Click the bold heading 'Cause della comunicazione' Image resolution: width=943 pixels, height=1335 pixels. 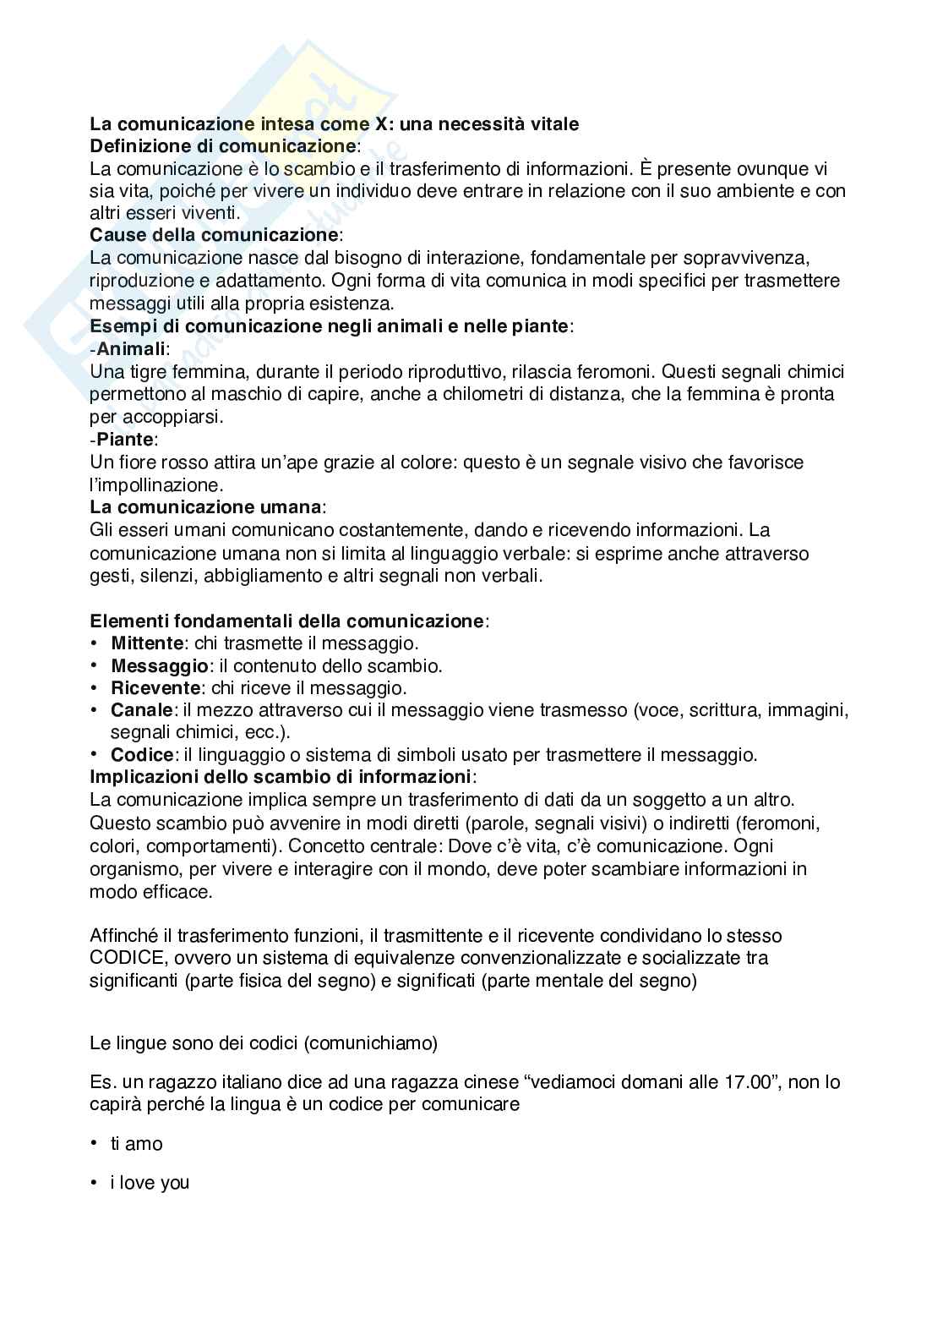tap(214, 235)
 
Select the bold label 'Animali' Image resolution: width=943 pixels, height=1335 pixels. tap(132, 348)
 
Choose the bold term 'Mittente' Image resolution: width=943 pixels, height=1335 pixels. tap(147, 643)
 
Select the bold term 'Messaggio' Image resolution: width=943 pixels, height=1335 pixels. tap(160, 666)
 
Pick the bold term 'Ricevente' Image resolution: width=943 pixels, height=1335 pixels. tap(155, 688)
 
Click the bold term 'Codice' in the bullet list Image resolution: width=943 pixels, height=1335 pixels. tap(142, 755)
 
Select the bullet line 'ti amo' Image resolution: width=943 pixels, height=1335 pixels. tap(137, 1144)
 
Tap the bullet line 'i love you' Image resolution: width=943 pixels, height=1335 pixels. tap(150, 1183)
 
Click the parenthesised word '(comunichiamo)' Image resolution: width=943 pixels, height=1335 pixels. tap(372, 1043)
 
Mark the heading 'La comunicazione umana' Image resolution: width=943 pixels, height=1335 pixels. tap(205, 507)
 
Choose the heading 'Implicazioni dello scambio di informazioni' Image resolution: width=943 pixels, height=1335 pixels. tap(281, 776)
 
